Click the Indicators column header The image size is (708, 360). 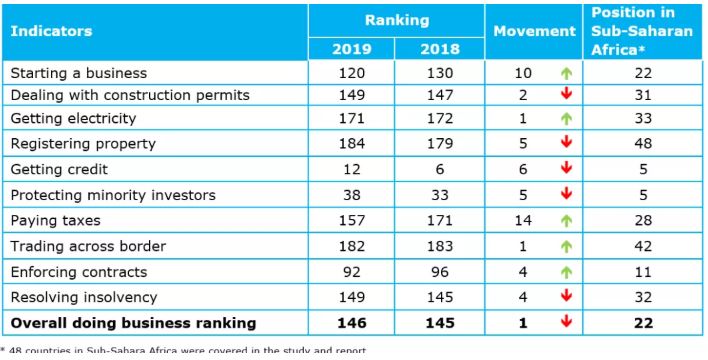coord(51,31)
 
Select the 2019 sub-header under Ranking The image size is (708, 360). coord(351,49)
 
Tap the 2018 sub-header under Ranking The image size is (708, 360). coord(440,49)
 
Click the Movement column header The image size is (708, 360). coord(534,31)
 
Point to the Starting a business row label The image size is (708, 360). coord(79,73)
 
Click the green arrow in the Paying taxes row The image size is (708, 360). coord(566,221)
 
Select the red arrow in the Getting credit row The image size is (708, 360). coord(566,168)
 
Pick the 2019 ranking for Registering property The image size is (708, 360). coord(351,144)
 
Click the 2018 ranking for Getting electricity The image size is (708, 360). coord(440,118)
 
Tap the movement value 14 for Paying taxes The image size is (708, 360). coord(523,221)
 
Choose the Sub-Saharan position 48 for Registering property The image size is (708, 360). coord(643,144)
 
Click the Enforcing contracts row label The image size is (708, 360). coord(79,272)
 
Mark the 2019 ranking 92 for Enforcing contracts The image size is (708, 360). coord(351,272)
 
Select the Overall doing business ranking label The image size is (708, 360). coord(133,323)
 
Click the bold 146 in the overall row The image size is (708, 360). coord(351,323)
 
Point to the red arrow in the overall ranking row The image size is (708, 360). coord(566,322)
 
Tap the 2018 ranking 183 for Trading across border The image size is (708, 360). coord(440,247)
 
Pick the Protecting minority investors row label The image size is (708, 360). coord(113,196)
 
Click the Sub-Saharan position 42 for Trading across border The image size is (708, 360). coord(643,247)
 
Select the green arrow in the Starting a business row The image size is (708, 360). coord(566,74)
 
